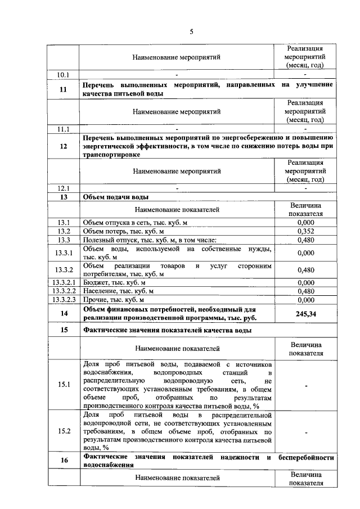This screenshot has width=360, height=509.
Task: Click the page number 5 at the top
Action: click(x=191, y=32)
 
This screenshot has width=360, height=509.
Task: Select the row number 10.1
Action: click(x=63, y=74)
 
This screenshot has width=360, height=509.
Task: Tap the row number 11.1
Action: click(x=63, y=129)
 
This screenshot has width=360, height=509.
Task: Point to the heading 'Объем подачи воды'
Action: click(x=116, y=197)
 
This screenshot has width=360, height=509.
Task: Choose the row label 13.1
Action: click(x=63, y=222)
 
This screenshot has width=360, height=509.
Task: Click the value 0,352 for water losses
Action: click(x=305, y=231)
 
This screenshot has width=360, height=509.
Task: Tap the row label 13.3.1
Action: click(x=63, y=253)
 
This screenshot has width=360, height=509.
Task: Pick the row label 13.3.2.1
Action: click(x=63, y=282)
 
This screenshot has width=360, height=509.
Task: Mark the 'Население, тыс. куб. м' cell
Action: click(x=118, y=291)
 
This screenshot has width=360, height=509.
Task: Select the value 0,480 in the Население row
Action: click(x=305, y=291)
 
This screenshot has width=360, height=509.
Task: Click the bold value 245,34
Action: click(x=305, y=313)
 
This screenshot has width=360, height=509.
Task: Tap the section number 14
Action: click(x=63, y=313)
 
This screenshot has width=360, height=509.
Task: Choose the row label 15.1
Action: click(x=63, y=385)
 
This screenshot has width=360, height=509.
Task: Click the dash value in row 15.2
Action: click(x=305, y=432)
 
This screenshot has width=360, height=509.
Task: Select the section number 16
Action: click(x=63, y=461)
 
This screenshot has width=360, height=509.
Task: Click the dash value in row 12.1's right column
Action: click(x=305, y=188)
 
